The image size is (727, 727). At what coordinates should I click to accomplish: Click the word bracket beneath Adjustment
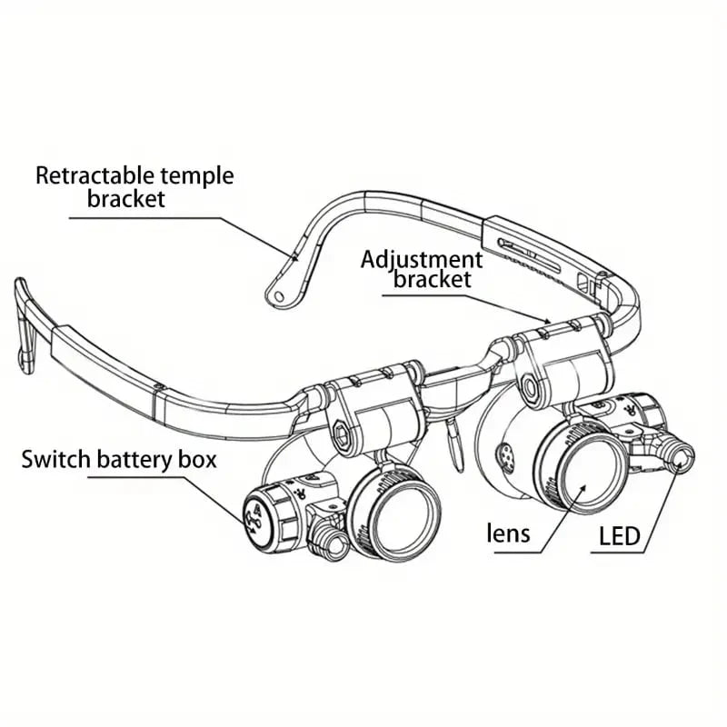click(x=433, y=280)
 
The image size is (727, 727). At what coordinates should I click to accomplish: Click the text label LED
click(x=619, y=536)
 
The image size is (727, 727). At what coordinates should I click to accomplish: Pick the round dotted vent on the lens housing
click(x=508, y=454)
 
